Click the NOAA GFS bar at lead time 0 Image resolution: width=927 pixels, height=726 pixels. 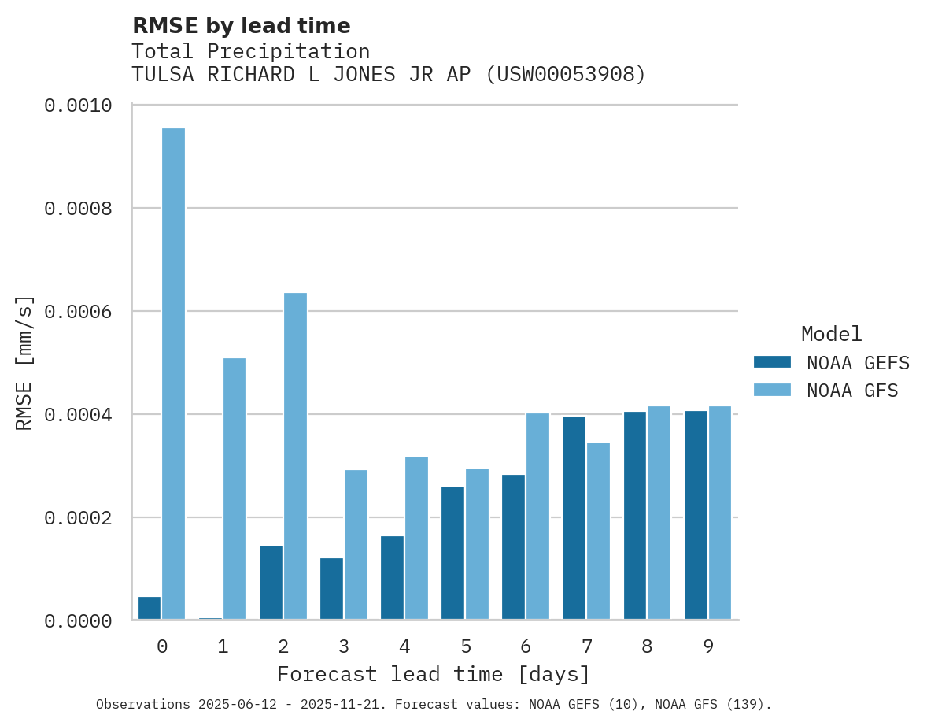[174, 374]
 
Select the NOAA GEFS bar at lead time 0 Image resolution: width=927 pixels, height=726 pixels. [150, 608]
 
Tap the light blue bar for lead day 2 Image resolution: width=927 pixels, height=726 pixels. [295, 456]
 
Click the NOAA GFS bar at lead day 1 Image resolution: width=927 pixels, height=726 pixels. [235, 488]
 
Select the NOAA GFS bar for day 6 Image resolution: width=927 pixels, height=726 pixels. [537, 516]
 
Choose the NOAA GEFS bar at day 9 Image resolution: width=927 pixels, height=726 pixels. [696, 515]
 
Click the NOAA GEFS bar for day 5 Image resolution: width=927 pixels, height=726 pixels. [452, 553]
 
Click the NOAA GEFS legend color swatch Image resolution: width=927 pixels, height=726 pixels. [772, 362]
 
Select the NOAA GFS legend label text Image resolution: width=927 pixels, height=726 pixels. [852, 391]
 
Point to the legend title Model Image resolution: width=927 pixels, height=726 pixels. [832, 334]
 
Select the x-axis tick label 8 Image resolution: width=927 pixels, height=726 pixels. [647, 647]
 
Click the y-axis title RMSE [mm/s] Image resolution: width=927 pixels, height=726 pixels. [24, 363]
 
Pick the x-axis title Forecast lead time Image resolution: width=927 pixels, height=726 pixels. [434, 675]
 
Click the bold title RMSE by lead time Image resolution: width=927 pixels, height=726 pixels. [241, 26]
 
